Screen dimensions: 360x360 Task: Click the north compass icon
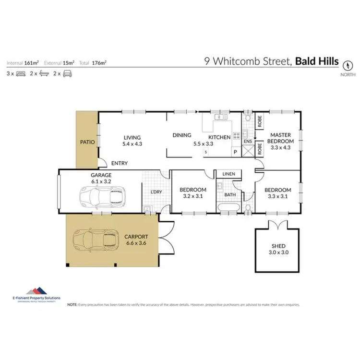click(348, 64)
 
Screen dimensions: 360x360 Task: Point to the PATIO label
click(87, 142)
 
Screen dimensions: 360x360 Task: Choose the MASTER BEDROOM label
click(280, 138)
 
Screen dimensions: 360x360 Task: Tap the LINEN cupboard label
click(228, 174)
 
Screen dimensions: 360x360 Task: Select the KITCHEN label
click(220, 137)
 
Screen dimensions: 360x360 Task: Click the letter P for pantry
click(235, 152)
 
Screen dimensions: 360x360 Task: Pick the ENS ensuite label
click(248, 142)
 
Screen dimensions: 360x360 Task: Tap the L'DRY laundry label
click(156, 192)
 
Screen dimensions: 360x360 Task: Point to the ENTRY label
click(119, 163)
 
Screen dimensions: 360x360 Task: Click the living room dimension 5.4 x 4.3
click(132, 144)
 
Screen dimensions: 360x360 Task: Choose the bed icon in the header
click(21, 73)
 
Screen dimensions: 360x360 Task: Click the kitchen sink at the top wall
click(220, 117)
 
